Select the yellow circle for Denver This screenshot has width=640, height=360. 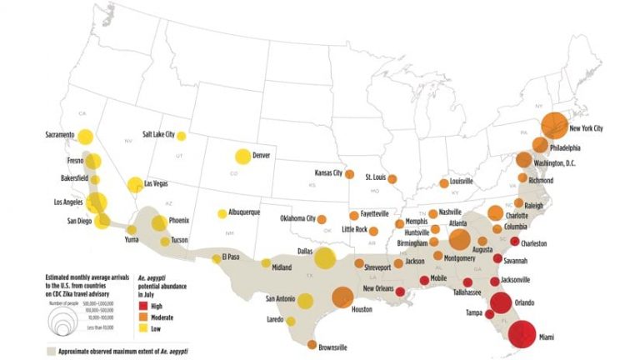[242, 156]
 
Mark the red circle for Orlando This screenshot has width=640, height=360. [501, 304]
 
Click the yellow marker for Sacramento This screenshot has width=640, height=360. [86, 137]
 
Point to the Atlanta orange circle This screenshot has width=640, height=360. [459, 239]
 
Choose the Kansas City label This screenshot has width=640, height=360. [328, 173]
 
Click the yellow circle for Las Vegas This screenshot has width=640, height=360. [135, 184]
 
